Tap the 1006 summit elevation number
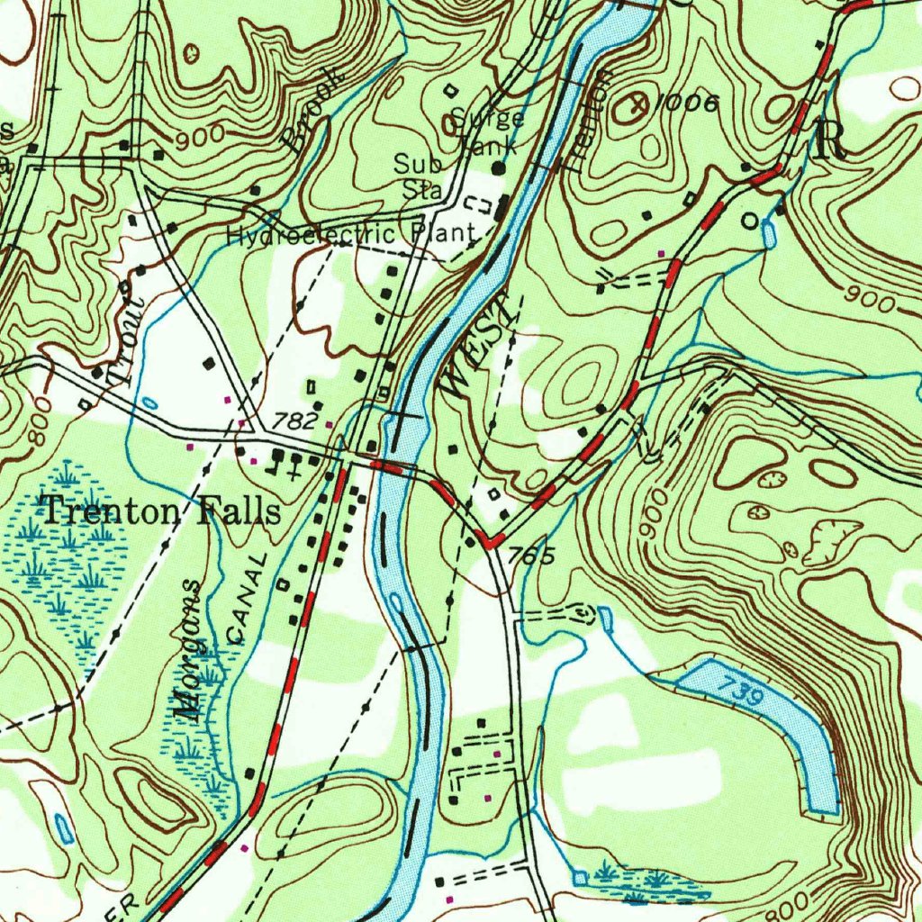(687, 104)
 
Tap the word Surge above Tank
(488, 118)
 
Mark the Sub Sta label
(418, 176)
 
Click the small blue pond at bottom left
(64, 827)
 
